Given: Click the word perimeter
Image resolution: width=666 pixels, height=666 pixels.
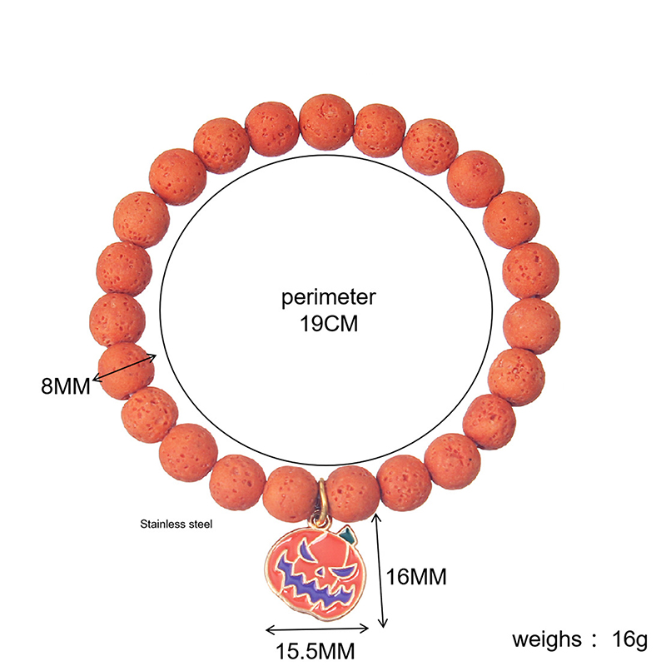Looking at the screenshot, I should [x=329, y=297].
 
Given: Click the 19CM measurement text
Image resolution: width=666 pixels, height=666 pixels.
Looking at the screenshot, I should [x=329, y=324].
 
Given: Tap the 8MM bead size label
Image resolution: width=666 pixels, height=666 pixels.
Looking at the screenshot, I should [x=65, y=386].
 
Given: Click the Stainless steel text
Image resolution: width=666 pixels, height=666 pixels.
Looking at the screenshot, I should [x=176, y=525].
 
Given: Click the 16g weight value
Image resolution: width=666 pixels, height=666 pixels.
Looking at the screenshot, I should [x=629, y=639].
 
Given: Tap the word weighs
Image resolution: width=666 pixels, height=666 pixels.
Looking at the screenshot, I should [x=547, y=639].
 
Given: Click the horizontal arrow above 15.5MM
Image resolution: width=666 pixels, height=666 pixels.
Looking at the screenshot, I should [x=316, y=630].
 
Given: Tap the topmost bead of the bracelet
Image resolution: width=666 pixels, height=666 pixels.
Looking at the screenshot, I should [x=325, y=119].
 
